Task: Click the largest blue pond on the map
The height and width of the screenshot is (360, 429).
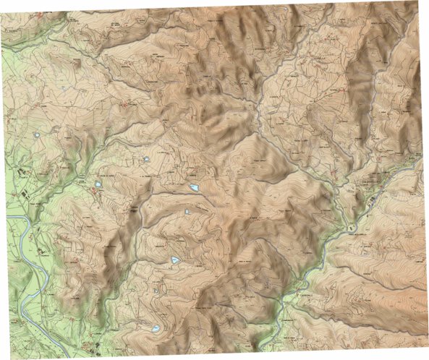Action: (x=194, y=188)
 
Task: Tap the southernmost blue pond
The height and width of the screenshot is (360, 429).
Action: (x=156, y=329)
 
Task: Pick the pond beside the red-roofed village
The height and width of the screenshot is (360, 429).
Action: (x=96, y=186)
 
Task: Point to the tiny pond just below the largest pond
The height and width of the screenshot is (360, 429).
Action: (x=187, y=211)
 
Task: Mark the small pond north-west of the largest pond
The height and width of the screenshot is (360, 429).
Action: (x=147, y=159)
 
